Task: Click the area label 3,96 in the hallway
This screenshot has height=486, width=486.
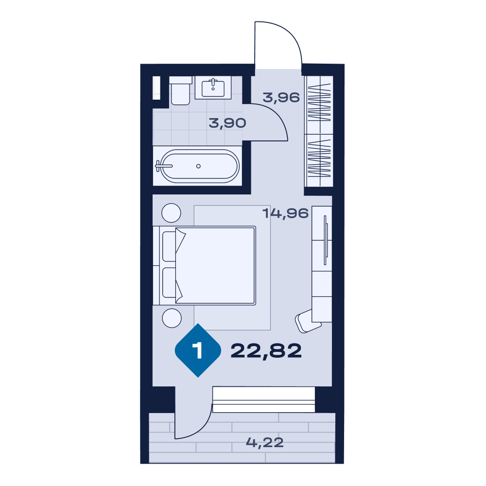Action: pos(281,97)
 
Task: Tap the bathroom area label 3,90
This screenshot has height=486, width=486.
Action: pos(227,123)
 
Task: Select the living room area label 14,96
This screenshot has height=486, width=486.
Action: pos(285,213)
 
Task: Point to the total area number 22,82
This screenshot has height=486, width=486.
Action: pos(266,351)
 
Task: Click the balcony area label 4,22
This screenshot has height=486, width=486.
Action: pos(265,442)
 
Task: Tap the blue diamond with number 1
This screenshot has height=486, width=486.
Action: pos(198,350)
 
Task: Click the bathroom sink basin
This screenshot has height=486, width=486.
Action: pos(213,88)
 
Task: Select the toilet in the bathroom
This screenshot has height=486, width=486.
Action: pos(180,91)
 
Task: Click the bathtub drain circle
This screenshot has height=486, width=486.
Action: pos(198,166)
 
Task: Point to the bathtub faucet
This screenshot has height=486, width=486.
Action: pos(163,166)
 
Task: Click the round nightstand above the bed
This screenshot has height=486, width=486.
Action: pos(171,213)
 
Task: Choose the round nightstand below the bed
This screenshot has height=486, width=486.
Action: pos(172,318)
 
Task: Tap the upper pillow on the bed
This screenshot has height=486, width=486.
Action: pos(170,246)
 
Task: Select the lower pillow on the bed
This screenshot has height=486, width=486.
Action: pos(170,283)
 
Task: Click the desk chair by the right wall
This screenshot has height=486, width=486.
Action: pos(308,321)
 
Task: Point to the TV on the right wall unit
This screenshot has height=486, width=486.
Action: pos(326,240)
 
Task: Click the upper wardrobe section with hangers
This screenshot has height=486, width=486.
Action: pos(319,105)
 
